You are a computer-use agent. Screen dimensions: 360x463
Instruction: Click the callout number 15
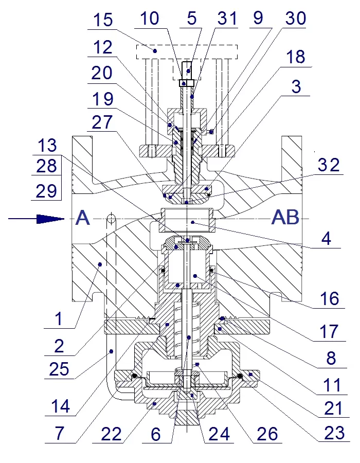coord(103,20)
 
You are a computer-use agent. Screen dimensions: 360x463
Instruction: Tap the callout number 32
coord(329,165)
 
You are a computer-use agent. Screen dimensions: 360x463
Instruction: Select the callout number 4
coord(326,238)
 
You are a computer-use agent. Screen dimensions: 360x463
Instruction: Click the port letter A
coord(83,218)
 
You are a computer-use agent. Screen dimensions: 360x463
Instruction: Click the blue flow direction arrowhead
coord(50,219)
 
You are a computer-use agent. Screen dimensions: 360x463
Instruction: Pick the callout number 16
coord(330,298)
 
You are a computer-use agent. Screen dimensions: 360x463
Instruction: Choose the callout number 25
coord(59,368)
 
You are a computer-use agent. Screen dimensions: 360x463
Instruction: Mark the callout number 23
coord(334,433)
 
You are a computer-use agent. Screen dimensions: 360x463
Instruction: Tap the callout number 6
coord(155,434)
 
